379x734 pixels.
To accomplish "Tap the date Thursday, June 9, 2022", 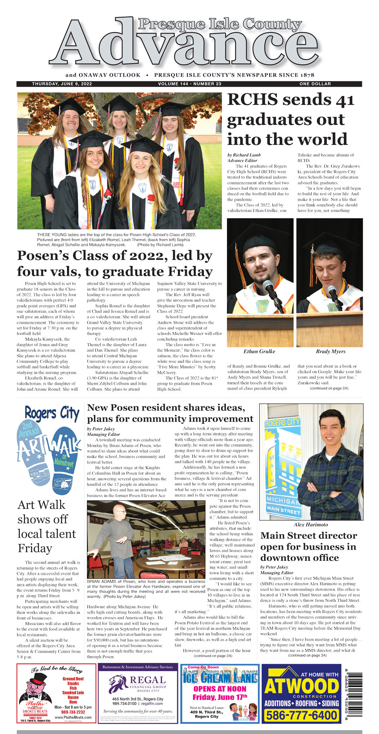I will tap(62, 84).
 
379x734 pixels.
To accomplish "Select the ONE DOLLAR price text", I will tap(315, 84).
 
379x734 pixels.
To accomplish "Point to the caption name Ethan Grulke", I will tap(259, 352).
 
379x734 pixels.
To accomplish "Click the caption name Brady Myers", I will tap(330, 352).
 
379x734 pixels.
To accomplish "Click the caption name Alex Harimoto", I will tap(311, 524).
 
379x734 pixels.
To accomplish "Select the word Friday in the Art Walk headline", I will tap(35, 548).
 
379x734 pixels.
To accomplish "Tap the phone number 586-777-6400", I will tap(302, 715).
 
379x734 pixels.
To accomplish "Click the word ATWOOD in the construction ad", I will tap(302, 687).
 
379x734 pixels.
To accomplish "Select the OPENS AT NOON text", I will tap(219, 688).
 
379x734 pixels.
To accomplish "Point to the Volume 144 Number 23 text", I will tap(189, 84).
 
